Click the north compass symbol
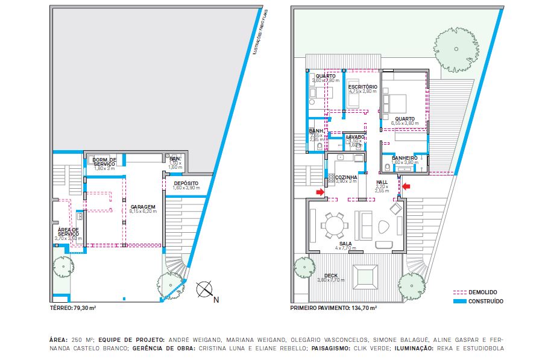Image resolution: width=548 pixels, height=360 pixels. tap(205, 289)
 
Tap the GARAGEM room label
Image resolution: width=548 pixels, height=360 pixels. tap(143, 206)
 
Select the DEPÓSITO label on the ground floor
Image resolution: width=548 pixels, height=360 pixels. tap(186, 183)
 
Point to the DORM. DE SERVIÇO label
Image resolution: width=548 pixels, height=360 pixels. tap(104, 162)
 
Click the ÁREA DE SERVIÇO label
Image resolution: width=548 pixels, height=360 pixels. tap(68, 232)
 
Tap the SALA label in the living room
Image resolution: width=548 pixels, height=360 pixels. tap(345, 244)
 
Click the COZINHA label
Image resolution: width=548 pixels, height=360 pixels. tap(346, 177)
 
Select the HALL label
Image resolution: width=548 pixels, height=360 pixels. tap(382, 182)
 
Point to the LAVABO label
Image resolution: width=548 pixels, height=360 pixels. tap(355, 137)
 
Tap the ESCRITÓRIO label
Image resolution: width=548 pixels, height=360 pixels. tap(362, 87)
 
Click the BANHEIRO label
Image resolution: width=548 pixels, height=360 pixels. tap(405, 158)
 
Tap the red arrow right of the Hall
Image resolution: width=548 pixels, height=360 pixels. tap(407, 186)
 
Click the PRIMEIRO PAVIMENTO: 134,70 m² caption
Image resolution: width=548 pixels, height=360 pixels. tap(333, 308)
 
